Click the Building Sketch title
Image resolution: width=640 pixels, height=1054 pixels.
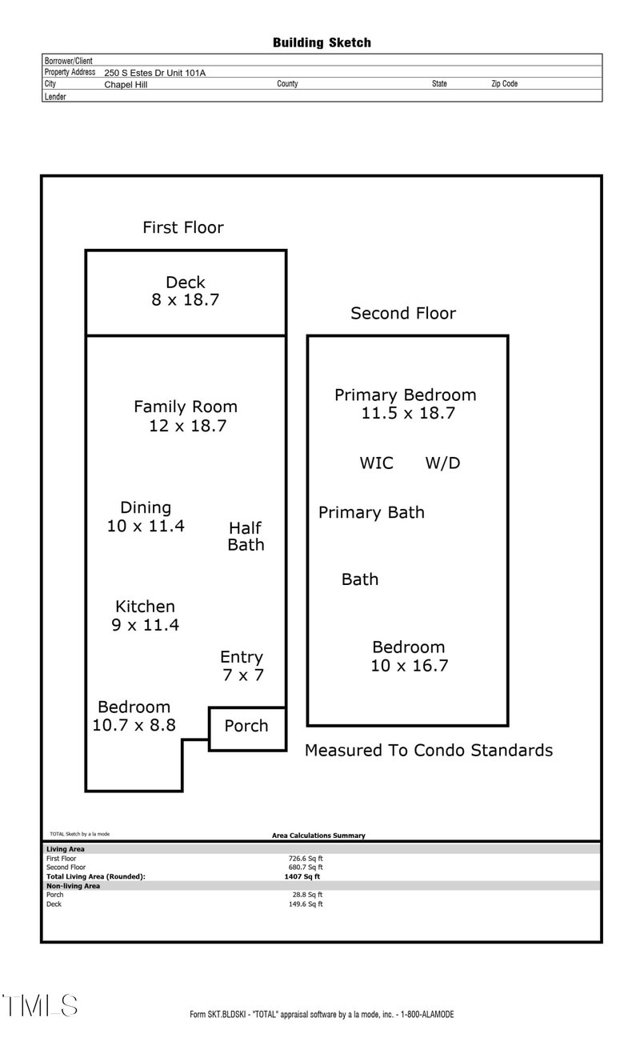coord(322,42)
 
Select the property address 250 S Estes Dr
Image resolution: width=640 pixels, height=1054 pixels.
coord(154,73)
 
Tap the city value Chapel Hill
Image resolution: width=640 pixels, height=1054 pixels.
coord(126,84)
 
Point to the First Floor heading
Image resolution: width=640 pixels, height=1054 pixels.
coord(183,227)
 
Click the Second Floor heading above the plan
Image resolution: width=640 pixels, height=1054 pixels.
coord(403,314)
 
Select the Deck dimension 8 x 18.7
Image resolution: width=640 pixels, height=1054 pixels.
coord(186,301)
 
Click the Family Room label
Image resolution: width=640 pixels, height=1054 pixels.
coord(186,407)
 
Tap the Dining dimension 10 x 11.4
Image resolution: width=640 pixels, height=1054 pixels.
coord(146,526)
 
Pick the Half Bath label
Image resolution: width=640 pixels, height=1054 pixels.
coord(246,536)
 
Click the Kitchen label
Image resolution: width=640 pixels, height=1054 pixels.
coord(145,607)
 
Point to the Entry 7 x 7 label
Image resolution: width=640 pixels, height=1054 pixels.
coord(242,666)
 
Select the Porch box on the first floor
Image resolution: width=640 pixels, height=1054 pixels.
coord(246,727)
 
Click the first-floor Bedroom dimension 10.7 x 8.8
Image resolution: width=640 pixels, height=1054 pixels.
coord(134,726)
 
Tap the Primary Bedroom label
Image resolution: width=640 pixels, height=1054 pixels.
coord(405,395)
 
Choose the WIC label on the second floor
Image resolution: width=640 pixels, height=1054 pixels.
coord(376,463)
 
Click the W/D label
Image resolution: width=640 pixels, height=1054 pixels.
coord(442,463)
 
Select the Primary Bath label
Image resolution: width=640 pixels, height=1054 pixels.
coord(371,512)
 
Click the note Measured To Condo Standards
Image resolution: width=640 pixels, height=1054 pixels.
coord(429,751)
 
